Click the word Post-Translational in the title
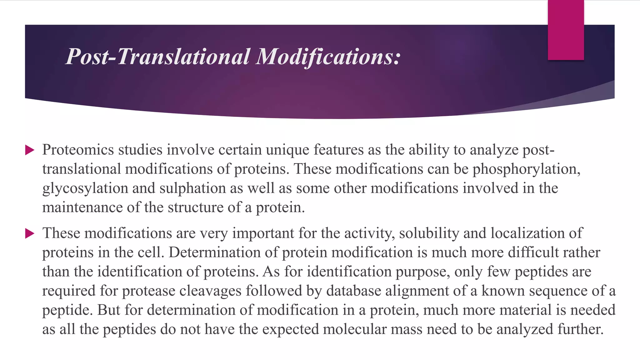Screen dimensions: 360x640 click(158, 57)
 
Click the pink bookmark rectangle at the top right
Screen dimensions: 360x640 click(566, 30)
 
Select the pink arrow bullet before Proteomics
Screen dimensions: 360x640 click(30, 150)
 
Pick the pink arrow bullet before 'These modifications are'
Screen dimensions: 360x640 click(30, 233)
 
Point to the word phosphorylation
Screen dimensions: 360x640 click(526, 169)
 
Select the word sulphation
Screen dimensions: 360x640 click(192, 188)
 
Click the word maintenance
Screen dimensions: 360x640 click(82, 207)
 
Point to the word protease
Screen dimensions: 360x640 click(148, 291)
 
